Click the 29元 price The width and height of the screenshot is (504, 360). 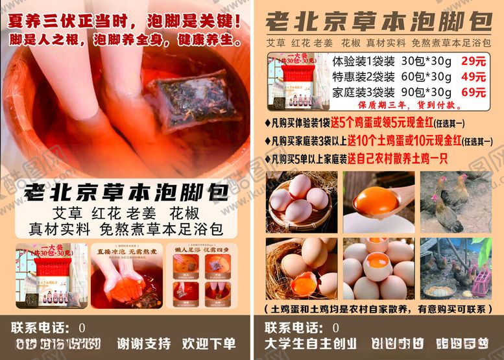click(473, 62)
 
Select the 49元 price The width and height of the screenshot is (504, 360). click(473, 77)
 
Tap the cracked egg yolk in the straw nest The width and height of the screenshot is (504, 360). click(302, 284)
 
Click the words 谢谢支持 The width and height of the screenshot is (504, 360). click(144, 343)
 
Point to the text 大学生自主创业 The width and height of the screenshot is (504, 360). click(310, 343)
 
